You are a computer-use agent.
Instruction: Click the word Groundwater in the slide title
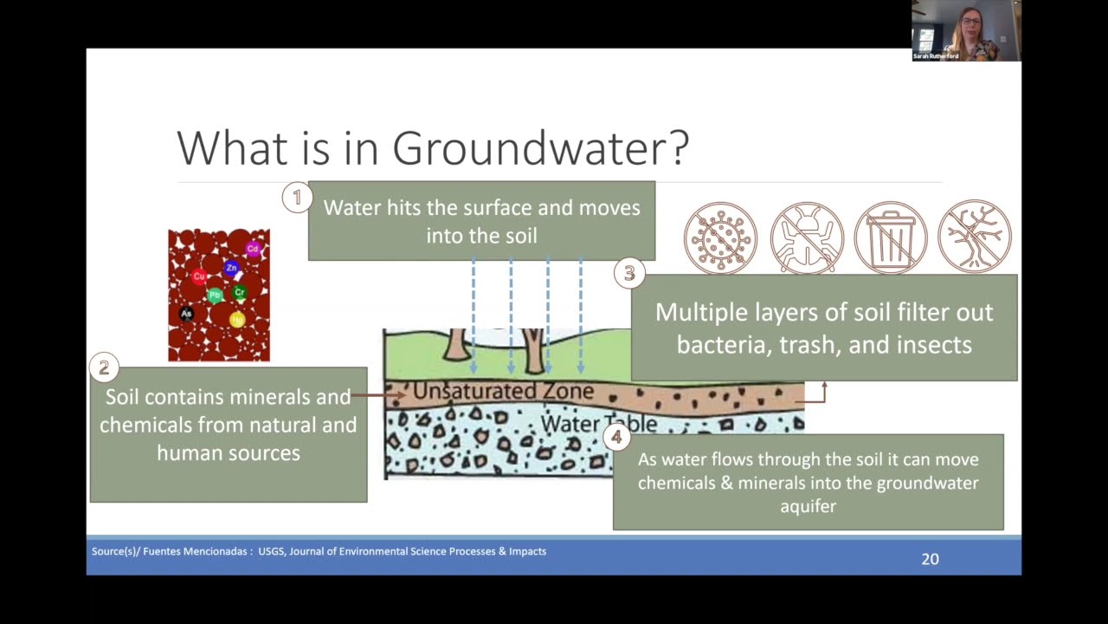coord(540,148)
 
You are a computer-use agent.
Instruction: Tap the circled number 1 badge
coord(297,198)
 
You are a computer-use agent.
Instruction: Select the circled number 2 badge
coord(104,367)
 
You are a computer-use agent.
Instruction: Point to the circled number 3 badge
coord(629,274)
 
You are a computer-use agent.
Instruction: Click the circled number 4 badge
coord(616,438)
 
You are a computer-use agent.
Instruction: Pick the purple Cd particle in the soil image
coord(253,249)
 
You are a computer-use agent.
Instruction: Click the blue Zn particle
coord(231,269)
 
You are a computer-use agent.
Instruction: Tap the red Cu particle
coord(199,277)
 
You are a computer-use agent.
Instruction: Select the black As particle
coord(186,314)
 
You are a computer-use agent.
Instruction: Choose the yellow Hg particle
coord(237,320)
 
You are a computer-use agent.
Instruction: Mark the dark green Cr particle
coord(240,293)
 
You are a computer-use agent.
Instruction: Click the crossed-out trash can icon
coord(891,237)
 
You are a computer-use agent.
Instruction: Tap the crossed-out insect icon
coord(807,237)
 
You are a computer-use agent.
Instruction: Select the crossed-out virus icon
coord(720,237)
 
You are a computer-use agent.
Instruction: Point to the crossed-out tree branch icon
coord(975,237)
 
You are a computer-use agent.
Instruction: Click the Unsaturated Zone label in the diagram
coord(503,392)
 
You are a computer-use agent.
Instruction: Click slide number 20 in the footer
coord(930,559)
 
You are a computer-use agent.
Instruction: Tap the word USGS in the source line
coord(271,551)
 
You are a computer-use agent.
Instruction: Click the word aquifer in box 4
coord(808,505)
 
